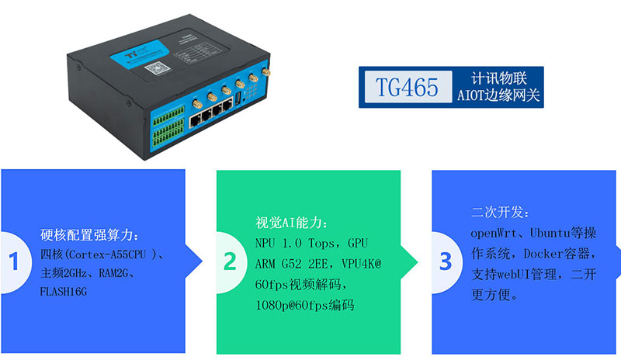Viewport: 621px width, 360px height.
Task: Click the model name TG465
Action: pos(405,86)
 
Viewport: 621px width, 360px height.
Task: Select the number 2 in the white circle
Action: pos(230,261)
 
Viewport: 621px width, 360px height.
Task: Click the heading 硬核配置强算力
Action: pos(91,234)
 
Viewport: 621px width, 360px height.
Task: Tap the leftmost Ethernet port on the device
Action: pos(190,119)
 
